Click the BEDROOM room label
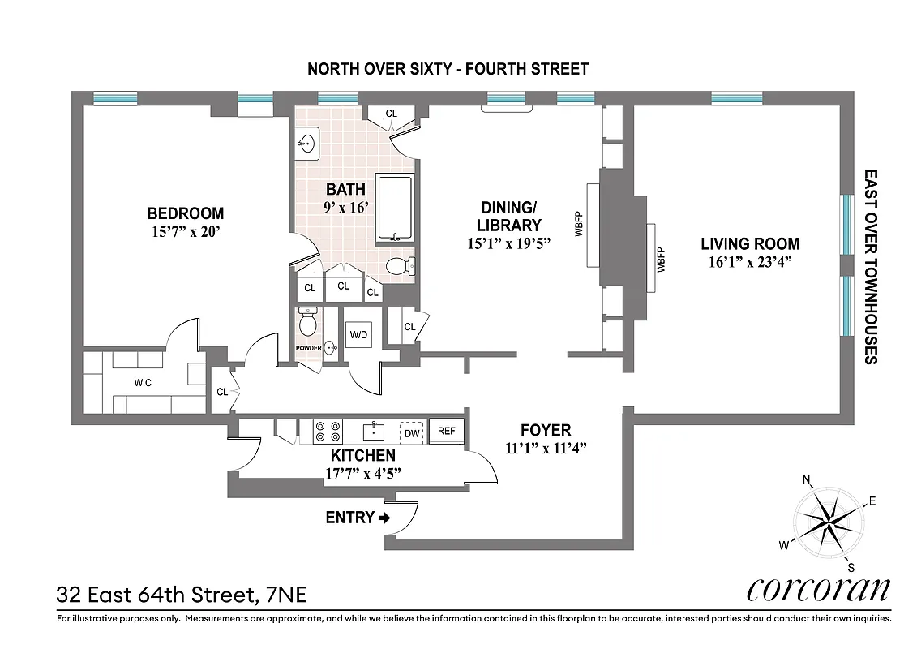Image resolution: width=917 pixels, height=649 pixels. click(x=185, y=213)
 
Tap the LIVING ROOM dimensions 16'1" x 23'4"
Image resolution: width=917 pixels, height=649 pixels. click(x=750, y=261)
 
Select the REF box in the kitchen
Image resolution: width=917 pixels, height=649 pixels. click(x=446, y=432)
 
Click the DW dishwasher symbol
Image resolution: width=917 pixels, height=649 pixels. click(x=412, y=433)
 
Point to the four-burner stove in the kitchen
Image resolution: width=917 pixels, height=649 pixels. click(x=328, y=431)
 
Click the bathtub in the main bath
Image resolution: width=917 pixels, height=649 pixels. click(x=396, y=208)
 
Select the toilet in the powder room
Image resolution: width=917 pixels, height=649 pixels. click(x=307, y=324)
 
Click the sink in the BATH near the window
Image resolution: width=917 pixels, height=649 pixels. click(x=306, y=144)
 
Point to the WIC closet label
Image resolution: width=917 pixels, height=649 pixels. click(x=143, y=382)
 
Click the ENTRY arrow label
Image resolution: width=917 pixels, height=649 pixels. click(x=358, y=517)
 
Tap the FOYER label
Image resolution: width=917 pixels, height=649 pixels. click(x=546, y=430)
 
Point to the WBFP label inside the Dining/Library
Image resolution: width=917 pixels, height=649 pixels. click(x=579, y=223)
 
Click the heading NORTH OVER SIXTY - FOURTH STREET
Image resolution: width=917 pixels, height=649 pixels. click(x=448, y=69)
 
